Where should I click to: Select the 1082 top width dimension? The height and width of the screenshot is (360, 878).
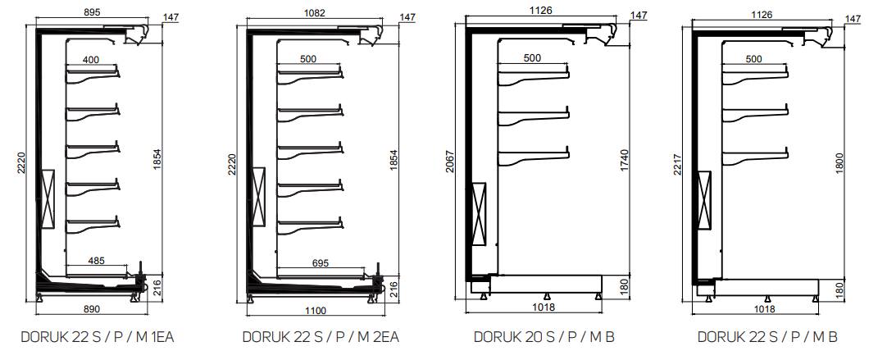click(x=314, y=12)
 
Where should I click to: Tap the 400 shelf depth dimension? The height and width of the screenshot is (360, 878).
click(x=91, y=60)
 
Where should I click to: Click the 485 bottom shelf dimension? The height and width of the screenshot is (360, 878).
click(x=98, y=261)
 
